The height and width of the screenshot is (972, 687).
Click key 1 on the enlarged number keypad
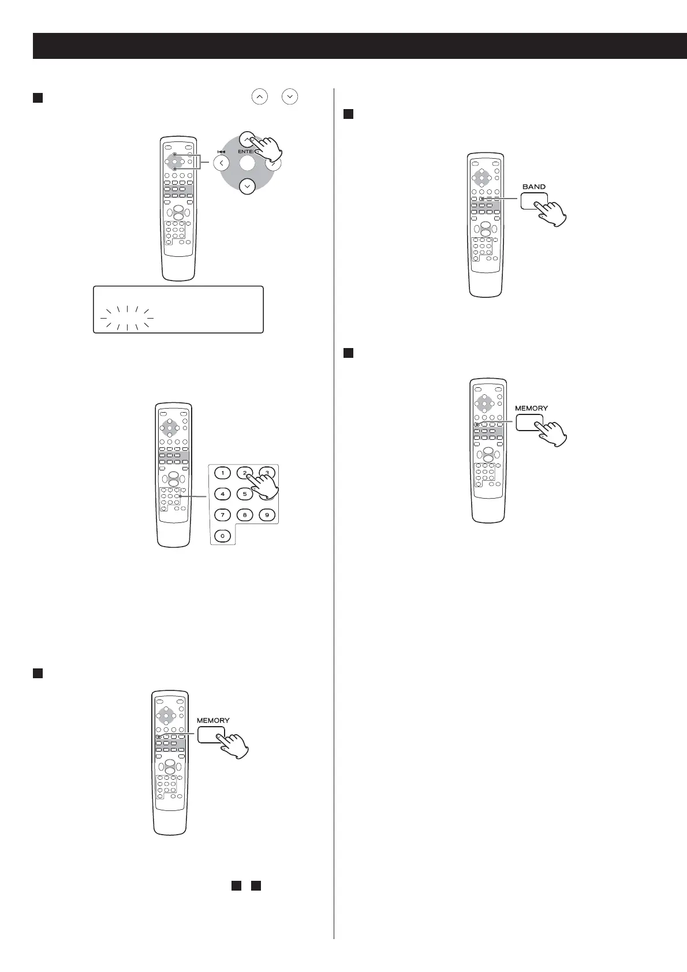pos(222,473)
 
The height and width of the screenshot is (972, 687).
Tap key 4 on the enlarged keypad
pos(222,494)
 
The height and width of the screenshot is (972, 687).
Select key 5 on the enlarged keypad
pos(244,494)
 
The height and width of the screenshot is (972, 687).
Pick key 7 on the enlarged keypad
pos(222,514)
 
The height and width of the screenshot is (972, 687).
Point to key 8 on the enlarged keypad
pos(244,514)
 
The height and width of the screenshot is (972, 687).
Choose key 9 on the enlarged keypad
pos(266,514)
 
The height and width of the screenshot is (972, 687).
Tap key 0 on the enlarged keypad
pos(222,536)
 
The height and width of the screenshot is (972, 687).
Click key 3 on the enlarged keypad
pos(266,472)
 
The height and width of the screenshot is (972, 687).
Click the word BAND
pos(533,186)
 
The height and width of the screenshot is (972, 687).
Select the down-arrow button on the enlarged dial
pos(247,186)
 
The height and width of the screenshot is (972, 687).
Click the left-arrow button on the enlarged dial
pos(221,163)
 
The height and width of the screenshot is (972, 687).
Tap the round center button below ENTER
pos(247,163)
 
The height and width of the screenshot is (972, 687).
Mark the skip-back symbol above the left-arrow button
pos(221,152)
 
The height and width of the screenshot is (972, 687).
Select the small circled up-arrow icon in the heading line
pos(260,96)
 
